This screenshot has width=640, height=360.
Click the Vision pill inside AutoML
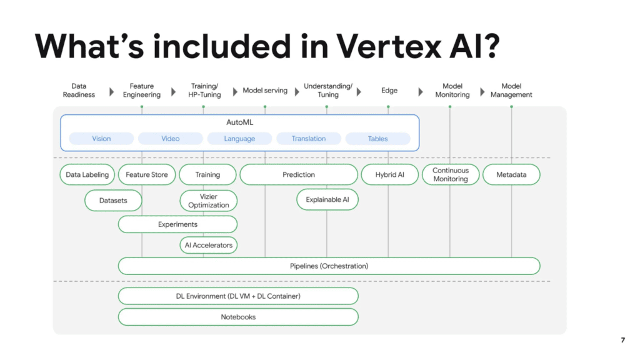[x=101, y=139]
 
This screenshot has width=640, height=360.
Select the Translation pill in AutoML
[x=309, y=139]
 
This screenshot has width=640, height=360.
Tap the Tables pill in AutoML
[x=377, y=139]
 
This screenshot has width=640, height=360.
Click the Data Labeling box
[x=87, y=175]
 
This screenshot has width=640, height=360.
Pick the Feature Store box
[x=147, y=175]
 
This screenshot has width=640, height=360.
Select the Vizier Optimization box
[x=208, y=201]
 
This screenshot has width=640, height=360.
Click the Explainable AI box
[x=327, y=200]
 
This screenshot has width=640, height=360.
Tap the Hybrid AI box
[x=389, y=175]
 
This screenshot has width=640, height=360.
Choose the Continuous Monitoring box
[x=451, y=175]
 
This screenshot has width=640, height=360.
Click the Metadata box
[x=511, y=175]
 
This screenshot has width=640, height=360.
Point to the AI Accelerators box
[x=208, y=245]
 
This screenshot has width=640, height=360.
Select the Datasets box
[x=113, y=201]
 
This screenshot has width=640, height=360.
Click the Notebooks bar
[x=238, y=317]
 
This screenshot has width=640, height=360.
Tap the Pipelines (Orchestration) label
[x=329, y=266]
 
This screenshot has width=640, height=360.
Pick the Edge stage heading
[x=389, y=91]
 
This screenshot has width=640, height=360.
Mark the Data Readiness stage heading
[x=79, y=91]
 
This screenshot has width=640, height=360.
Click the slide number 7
[x=622, y=341]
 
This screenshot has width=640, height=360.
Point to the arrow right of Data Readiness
[x=111, y=92]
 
